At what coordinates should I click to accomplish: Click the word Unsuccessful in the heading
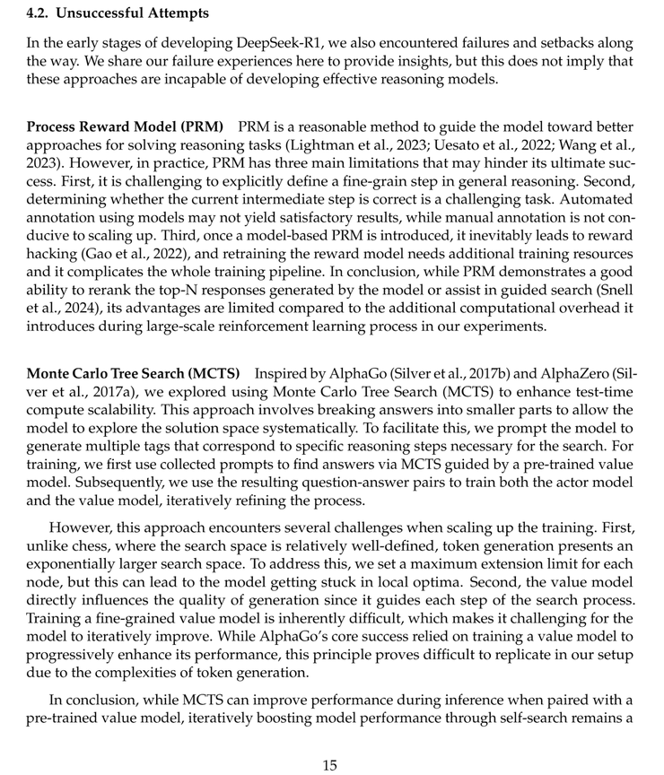pos(104,13)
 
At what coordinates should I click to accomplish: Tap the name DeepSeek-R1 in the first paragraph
pos(240,43)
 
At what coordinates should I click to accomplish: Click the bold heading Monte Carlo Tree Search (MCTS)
pos(134,373)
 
